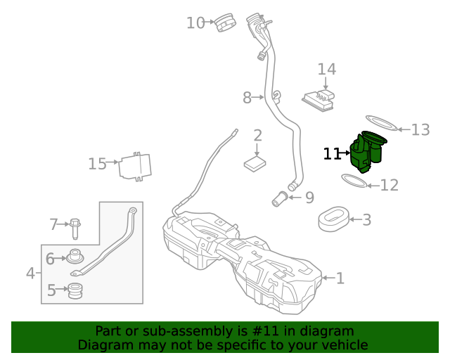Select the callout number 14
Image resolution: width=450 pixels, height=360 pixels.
pos(326,70)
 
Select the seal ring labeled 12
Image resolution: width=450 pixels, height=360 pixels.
pos(355,181)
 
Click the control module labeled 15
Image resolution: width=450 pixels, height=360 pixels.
pos(136,166)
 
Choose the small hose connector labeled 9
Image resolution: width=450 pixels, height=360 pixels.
pos(281,199)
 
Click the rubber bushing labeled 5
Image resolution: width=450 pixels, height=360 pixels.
pos(75,290)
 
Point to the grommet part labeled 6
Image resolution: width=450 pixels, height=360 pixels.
pos(75,257)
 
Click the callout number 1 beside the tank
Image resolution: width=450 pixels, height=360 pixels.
pos(340,278)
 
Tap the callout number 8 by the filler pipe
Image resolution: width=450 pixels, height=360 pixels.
pos(247,98)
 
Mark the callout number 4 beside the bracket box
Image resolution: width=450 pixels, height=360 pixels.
pos(30,273)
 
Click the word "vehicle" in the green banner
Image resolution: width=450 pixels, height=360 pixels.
pos(344,345)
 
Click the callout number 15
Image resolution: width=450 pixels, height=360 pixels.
pos(97,164)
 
